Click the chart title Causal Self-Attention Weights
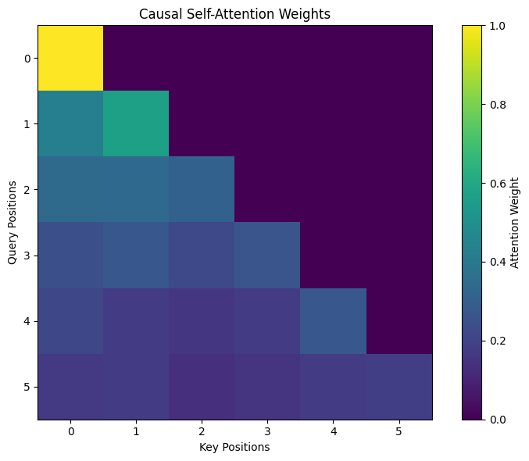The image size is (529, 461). tap(234, 14)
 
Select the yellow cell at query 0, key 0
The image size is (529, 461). tap(70, 58)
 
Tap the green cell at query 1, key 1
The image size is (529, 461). tap(136, 123)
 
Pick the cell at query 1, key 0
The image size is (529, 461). tap(70, 123)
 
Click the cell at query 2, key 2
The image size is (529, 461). tap(202, 189)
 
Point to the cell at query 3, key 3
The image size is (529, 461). tap(267, 256)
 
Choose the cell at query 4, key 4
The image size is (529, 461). tap(333, 321)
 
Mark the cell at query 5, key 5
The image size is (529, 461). tap(399, 387)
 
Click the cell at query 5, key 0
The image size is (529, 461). tap(70, 387)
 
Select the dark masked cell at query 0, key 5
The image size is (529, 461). tap(399, 58)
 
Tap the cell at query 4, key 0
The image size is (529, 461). tap(70, 321)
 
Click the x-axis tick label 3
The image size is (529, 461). tap(267, 431)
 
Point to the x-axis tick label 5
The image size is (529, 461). tap(399, 431)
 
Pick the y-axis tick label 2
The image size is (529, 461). tap(27, 190)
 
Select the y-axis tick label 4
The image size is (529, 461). tap(27, 321)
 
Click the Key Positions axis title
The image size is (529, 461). tap(234, 447)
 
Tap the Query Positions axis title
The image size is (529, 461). tap(13, 223)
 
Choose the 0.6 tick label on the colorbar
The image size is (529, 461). tap(498, 184)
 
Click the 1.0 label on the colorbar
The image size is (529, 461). tap(498, 26)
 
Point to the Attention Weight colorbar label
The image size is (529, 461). tap(514, 223)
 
